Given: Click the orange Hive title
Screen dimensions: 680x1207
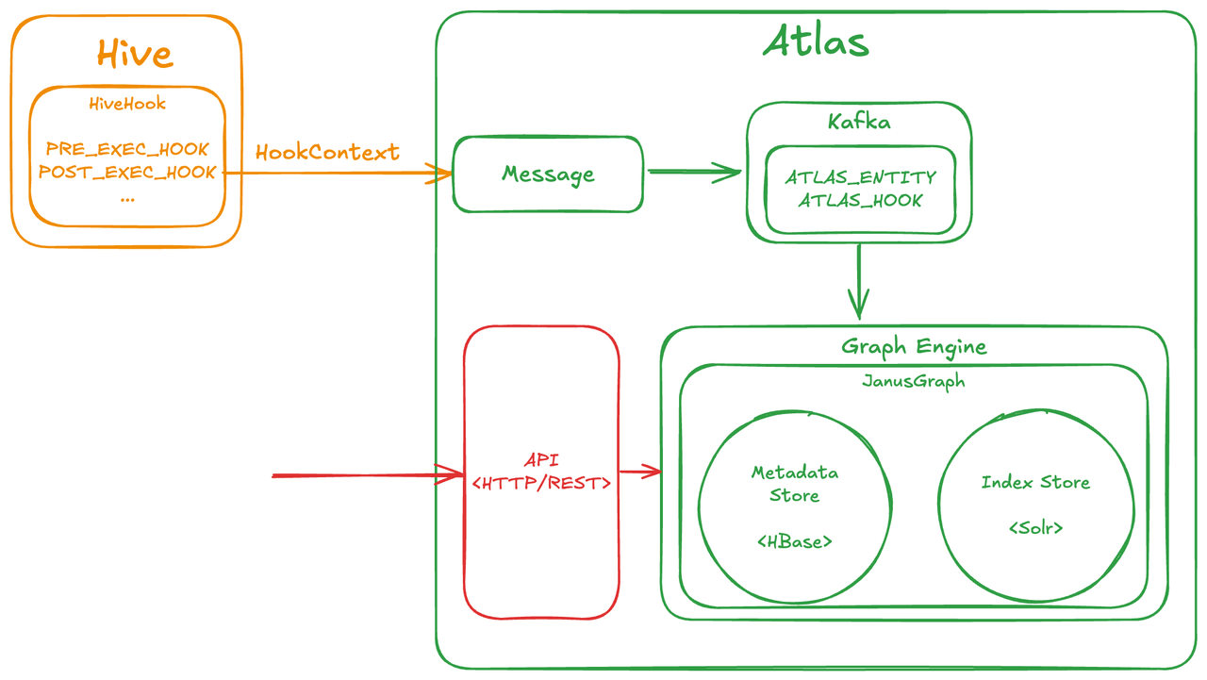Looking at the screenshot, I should [135, 54].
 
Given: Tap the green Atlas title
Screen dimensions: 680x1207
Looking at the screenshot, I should [816, 41].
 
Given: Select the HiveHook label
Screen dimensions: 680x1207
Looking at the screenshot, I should [127, 104].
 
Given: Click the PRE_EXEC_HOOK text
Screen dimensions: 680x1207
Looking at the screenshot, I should [127, 149].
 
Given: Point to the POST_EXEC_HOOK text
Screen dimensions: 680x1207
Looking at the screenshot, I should [127, 173].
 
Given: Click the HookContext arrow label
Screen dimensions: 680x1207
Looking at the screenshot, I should [327, 152].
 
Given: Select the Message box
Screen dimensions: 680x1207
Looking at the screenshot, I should [548, 174].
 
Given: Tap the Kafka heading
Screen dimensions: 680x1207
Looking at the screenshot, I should [859, 122].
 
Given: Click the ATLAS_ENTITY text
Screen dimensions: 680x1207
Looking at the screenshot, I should [861, 177].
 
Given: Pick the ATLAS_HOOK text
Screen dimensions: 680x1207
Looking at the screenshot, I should [861, 200].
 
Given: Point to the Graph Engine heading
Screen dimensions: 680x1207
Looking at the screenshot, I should [914, 346].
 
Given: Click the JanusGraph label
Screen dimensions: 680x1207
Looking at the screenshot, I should [914, 382].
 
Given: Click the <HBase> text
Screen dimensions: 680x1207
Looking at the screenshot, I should [795, 541].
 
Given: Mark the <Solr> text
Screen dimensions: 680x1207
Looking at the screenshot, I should [1035, 528].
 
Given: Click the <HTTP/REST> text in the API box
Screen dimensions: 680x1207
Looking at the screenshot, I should [541, 483].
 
